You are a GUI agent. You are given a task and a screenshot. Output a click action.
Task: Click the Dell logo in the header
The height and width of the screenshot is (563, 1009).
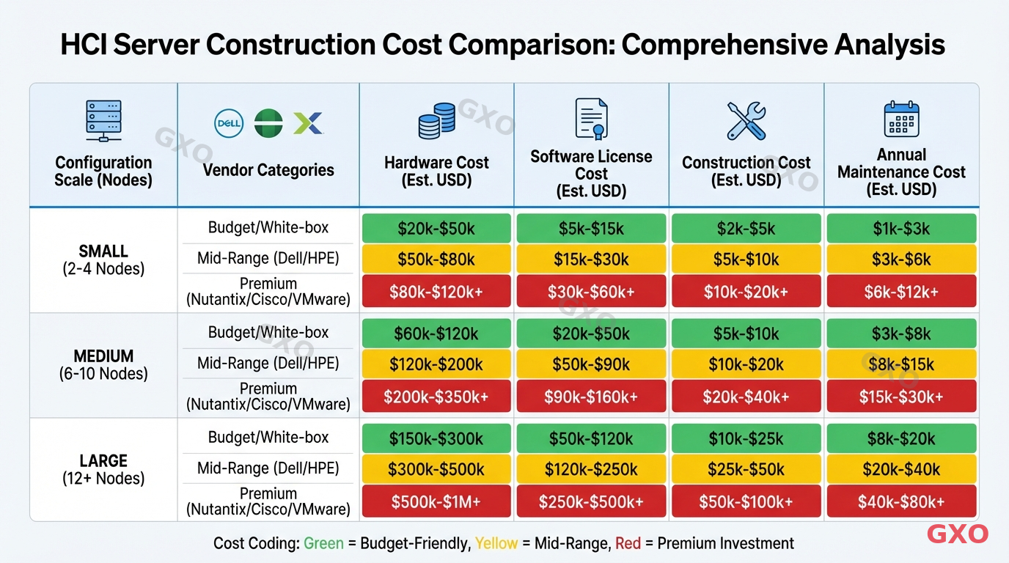pos(228,122)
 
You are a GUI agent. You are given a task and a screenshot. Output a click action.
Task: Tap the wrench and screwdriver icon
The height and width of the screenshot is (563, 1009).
pos(746,121)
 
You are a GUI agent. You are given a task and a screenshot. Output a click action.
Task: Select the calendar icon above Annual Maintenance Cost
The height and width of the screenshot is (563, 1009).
pos(901,119)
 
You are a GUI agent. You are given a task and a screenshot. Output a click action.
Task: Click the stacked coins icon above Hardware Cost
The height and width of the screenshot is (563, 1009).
pos(436,121)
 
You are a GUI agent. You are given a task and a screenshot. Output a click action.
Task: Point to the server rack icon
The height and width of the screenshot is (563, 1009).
pos(103,121)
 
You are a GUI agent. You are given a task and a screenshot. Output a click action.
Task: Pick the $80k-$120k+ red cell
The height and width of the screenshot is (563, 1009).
pos(436,292)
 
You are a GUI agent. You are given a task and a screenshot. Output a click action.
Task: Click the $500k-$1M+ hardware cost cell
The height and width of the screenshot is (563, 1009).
pos(436,502)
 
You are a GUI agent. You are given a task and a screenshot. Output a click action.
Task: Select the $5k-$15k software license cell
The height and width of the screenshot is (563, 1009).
pos(591,229)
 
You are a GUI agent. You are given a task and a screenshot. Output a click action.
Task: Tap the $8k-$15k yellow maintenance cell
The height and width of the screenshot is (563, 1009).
pos(901,364)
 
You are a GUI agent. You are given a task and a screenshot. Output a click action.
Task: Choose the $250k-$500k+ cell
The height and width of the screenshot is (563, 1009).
pos(591,502)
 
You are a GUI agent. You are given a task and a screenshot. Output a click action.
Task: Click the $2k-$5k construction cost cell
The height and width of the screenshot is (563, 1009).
pos(746,229)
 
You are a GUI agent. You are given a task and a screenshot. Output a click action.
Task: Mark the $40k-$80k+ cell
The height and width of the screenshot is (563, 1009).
pos(901,502)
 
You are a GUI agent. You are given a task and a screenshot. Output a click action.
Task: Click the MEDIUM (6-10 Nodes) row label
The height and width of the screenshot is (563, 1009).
pos(103,364)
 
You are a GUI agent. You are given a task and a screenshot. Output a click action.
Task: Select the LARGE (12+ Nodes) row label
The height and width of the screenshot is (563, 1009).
pos(103,469)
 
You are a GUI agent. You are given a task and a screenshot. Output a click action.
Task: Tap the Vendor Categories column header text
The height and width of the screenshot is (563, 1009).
pos(268,170)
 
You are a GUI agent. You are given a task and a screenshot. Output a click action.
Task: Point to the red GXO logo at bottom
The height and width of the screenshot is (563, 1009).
pos(957,534)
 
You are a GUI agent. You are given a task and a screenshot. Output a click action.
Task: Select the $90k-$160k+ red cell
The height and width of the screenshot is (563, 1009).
pos(591,397)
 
